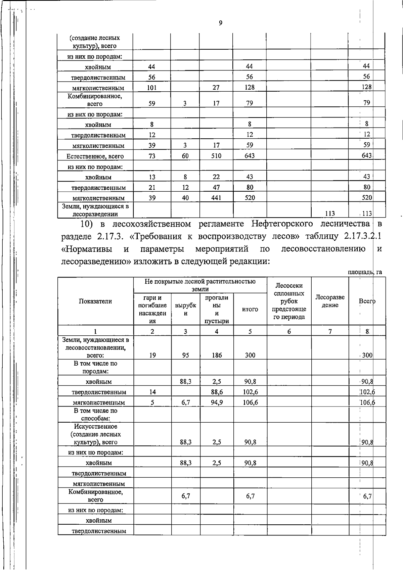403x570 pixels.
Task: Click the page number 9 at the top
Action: [x=220, y=23]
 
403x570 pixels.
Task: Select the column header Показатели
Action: [x=95, y=301]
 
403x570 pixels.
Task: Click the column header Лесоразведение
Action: [x=330, y=301]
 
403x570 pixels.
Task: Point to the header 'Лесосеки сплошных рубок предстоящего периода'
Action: [x=289, y=301]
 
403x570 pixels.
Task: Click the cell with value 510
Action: [x=216, y=156]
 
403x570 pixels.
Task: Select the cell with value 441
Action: [x=216, y=198]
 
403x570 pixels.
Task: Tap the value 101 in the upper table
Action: [x=152, y=88]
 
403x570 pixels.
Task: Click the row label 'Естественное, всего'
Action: [x=95, y=156]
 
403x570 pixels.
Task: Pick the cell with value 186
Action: [x=217, y=355]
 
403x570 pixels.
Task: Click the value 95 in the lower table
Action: [x=185, y=355]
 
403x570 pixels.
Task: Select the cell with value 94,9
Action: [x=217, y=402]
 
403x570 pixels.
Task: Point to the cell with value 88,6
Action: [x=217, y=392]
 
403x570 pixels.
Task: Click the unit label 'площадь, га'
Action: [x=365, y=272]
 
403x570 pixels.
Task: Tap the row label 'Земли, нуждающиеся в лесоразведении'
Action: [x=95, y=210]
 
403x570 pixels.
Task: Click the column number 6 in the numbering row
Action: [x=289, y=331]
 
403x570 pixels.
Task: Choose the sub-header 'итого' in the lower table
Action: [x=250, y=309]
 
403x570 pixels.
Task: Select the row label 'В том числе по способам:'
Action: [x=95, y=414]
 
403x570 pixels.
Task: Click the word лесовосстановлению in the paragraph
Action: [x=323, y=249]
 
